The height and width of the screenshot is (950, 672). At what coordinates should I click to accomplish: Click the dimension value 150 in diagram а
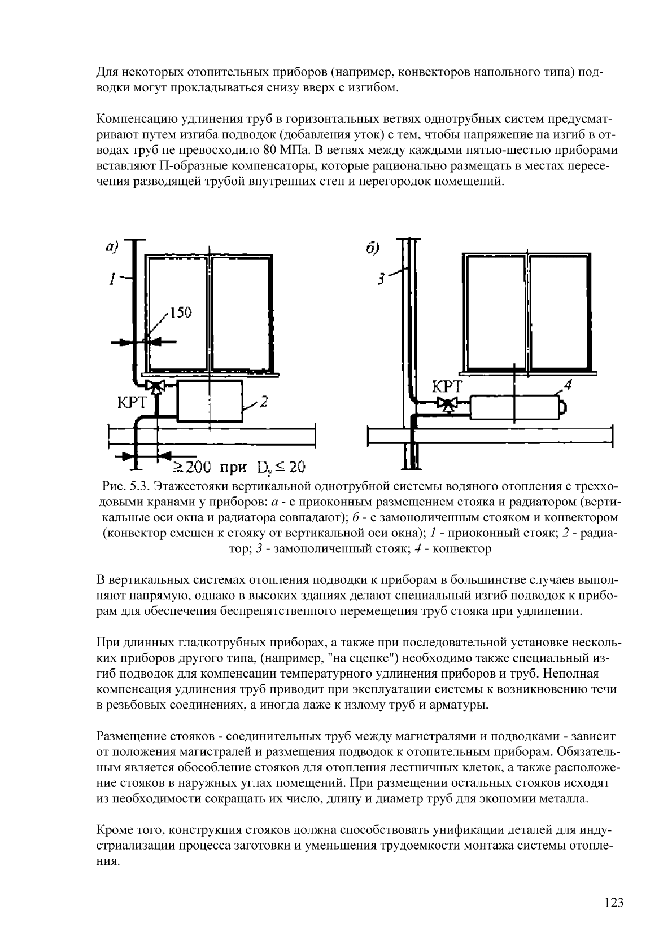point(181,313)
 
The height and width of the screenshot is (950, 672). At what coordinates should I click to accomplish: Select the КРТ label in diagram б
point(447,387)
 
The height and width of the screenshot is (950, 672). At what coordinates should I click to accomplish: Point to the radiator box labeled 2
point(210,401)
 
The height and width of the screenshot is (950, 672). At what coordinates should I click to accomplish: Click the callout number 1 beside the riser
point(112,279)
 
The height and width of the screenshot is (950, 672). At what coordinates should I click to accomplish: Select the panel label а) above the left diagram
point(112,247)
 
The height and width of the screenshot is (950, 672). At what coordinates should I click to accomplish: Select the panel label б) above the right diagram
point(372,248)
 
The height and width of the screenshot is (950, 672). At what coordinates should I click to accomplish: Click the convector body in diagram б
point(514,407)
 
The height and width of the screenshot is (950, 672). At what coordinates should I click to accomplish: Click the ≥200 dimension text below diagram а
point(191,467)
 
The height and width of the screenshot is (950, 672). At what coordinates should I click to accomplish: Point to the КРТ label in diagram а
point(132,402)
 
